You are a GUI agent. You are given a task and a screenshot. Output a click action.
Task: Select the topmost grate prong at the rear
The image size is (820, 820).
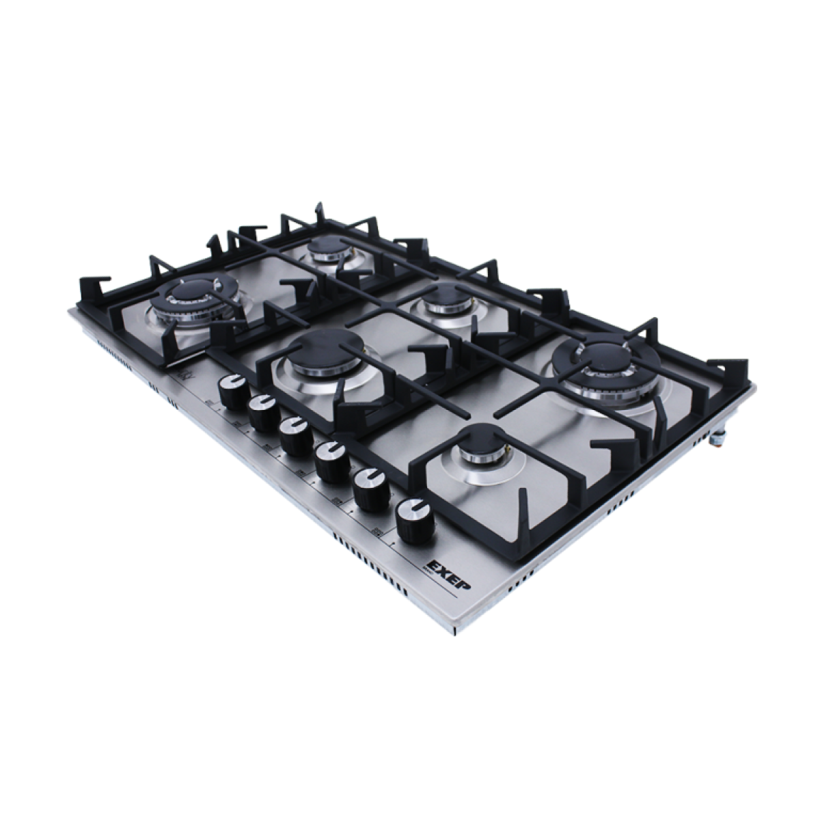click(318, 208)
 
